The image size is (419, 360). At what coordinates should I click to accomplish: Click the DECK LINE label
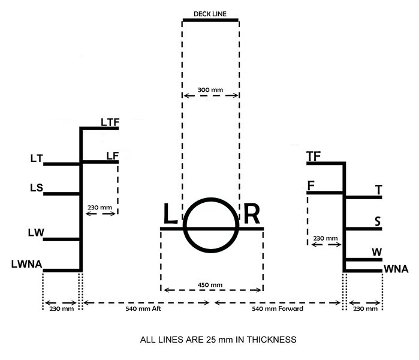coord(210,14)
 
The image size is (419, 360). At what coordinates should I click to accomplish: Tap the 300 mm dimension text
coord(210,90)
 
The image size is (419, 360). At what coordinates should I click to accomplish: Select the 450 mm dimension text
coord(210,285)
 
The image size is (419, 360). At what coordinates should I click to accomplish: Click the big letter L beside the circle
coord(170,214)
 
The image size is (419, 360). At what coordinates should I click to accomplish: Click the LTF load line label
coord(110,122)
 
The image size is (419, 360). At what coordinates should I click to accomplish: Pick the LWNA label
coord(27,264)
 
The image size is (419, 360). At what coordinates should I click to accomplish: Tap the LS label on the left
coord(37,188)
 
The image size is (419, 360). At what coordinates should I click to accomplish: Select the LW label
coord(36,233)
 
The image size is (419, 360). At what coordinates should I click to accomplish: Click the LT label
coord(37,158)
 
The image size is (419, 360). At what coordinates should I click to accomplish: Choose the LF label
coord(113,156)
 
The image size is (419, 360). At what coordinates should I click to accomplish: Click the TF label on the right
coord(314,157)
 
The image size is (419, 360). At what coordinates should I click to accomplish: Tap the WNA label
coord(396,269)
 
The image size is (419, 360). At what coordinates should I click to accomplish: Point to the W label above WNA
coord(377,252)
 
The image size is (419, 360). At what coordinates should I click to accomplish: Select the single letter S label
coord(378,221)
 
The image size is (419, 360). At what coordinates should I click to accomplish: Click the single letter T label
coord(379,190)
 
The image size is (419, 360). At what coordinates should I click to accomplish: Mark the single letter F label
coord(311,185)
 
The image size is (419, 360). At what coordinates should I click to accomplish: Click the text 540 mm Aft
coord(143,308)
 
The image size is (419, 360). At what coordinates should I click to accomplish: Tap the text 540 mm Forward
coord(278,308)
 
